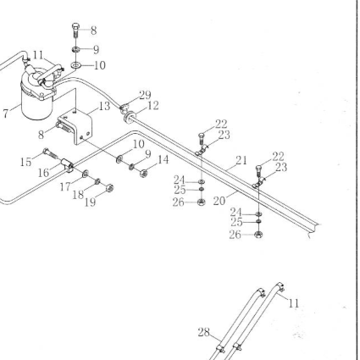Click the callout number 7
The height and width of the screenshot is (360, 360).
tap(6, 113)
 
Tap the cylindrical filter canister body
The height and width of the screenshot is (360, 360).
tap(37, 106)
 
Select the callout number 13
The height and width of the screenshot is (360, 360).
tap(104, 106)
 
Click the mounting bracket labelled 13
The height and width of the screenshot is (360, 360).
tap(75, 126)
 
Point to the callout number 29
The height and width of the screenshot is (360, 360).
tap(145, 95)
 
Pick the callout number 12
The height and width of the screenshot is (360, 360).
tap(153, 106)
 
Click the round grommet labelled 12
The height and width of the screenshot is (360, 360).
tap(129, 117)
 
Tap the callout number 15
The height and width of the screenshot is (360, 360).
tap(25, 162)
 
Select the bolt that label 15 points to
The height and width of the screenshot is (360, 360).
tap(50, 153)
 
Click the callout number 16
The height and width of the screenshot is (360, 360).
tap(43, 173)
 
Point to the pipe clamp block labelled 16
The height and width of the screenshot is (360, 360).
tap(67, 165)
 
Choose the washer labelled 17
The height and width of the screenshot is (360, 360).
tap(86, 174)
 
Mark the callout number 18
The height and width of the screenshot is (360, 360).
tap(78, 195)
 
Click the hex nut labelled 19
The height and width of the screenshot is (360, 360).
tap(110, 187)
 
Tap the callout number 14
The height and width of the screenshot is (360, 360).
tap(163, 160)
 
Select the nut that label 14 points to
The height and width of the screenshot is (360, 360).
tap(143, 173)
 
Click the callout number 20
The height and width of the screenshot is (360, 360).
tap(219, 201)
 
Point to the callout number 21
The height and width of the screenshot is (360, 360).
tap(241, 160)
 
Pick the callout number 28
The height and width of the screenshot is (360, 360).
tap(203, 332)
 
